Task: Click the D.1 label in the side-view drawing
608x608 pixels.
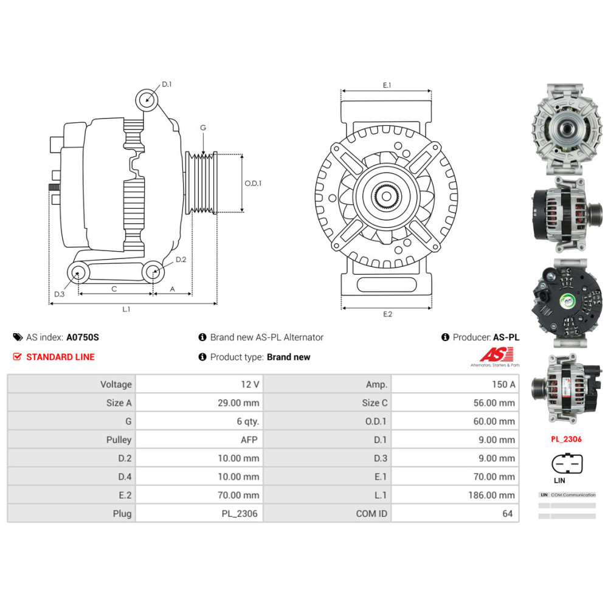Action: pos(167,85)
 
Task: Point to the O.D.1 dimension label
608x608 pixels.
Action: pos(253,183)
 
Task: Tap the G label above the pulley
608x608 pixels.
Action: pos(203,128)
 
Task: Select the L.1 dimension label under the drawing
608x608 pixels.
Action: pos(126,309)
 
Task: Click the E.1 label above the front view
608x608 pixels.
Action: pos(387,86)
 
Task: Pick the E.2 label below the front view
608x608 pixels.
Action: pos(387,314)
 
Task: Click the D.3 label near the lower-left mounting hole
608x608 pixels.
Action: pos(59,294)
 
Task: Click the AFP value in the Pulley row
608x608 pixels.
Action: pos(250,440)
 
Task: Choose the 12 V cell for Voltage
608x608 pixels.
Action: pos(250,384)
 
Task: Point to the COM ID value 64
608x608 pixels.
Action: pos(508,514)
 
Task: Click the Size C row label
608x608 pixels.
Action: pos(375,402)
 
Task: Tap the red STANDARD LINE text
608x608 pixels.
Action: pos(60,357)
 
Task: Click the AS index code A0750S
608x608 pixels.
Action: pos(82,337)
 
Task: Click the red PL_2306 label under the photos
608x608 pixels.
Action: pos(567,438)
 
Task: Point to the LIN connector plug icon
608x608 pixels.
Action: pos(567,465)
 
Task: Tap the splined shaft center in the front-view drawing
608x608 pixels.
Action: pos(387,196)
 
